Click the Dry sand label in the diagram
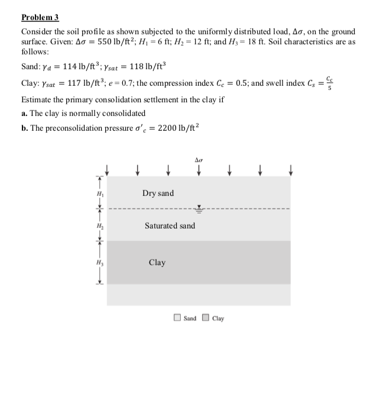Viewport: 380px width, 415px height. [x=158, y=194]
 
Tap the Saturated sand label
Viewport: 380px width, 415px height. [x=170, y=226]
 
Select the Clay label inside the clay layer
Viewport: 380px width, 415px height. [x=157, y=262]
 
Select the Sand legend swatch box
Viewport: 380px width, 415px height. [x=177, y=318]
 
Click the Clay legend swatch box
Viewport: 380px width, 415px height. [x=206, y=318]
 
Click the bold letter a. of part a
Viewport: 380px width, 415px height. [x=24, y=112]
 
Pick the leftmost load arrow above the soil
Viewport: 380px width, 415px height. [x=106, y=170]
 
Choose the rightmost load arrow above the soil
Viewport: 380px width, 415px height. [x=290, y=170]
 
